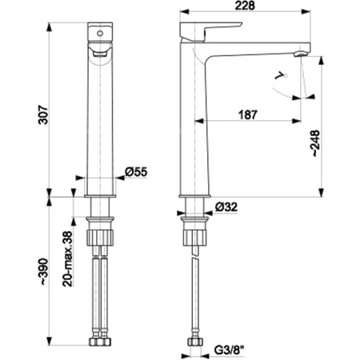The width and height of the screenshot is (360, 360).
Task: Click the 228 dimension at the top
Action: click(x=245, y=6)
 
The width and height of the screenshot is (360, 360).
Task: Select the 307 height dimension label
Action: click(x=43, y=115)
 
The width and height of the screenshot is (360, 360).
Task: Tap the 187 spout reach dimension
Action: click(x=248, y=114)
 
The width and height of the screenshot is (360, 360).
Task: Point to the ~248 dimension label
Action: click(x=316, y=143)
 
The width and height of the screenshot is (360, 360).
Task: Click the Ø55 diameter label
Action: click(x=136, y=172)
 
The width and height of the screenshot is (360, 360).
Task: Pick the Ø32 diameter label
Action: click(x=226, y=206)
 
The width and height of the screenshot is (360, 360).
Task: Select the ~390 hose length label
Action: click(x=43, y=272)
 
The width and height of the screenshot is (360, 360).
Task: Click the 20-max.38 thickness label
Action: click(x=67, y=259)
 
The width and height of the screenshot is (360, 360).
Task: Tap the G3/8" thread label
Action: click(x=230, y=350)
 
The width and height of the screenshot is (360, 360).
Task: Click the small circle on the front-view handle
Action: click(x=100, y=34)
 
